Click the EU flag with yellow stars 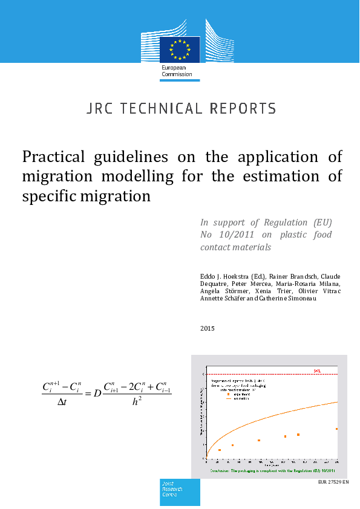180,49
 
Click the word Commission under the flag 177,74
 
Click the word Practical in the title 54,157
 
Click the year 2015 208,328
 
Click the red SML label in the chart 316,370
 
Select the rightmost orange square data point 337,429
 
